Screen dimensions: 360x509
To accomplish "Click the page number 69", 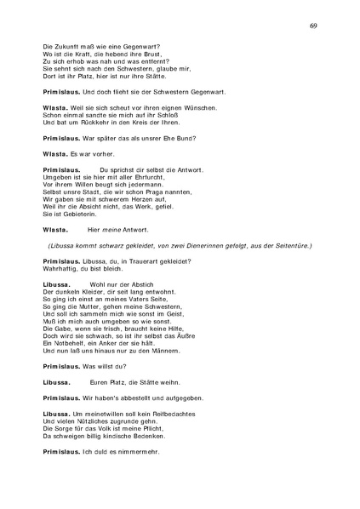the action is [313, 26].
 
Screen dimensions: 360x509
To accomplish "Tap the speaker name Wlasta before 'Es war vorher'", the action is [55, 154].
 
